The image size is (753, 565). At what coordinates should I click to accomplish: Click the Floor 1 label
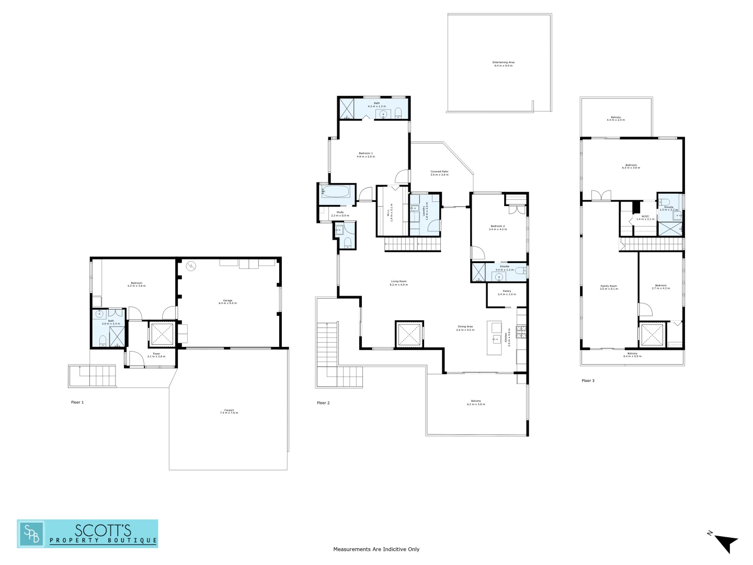tap(77, 402)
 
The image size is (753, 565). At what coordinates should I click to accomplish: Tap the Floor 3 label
tap(588, 380)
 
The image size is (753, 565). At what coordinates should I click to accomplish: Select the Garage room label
tap(227, 301)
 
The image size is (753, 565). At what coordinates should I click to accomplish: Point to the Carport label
tap(229, 411)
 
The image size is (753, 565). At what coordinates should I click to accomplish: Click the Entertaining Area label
tap(503, 64)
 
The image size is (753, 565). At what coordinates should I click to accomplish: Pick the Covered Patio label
tap(439, 173)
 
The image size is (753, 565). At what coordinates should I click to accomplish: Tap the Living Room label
tap(398, 282)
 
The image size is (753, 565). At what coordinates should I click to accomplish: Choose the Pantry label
tap(506, 292)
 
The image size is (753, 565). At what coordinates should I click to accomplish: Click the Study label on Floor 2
tap(340, 213)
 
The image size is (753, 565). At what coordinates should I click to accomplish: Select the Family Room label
tap(609, 287)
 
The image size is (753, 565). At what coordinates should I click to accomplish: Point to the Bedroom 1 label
tap(366, 155)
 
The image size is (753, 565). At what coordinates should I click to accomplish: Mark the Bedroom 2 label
tap(497, 228)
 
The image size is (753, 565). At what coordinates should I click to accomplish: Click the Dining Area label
tap(465, 328)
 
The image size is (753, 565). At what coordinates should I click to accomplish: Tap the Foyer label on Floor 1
tap(156, 355)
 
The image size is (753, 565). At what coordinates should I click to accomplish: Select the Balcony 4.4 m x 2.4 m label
tap(615, 118)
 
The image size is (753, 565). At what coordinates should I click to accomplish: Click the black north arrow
tap(726, 543)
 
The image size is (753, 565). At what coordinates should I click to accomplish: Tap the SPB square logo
tap(31, 534)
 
